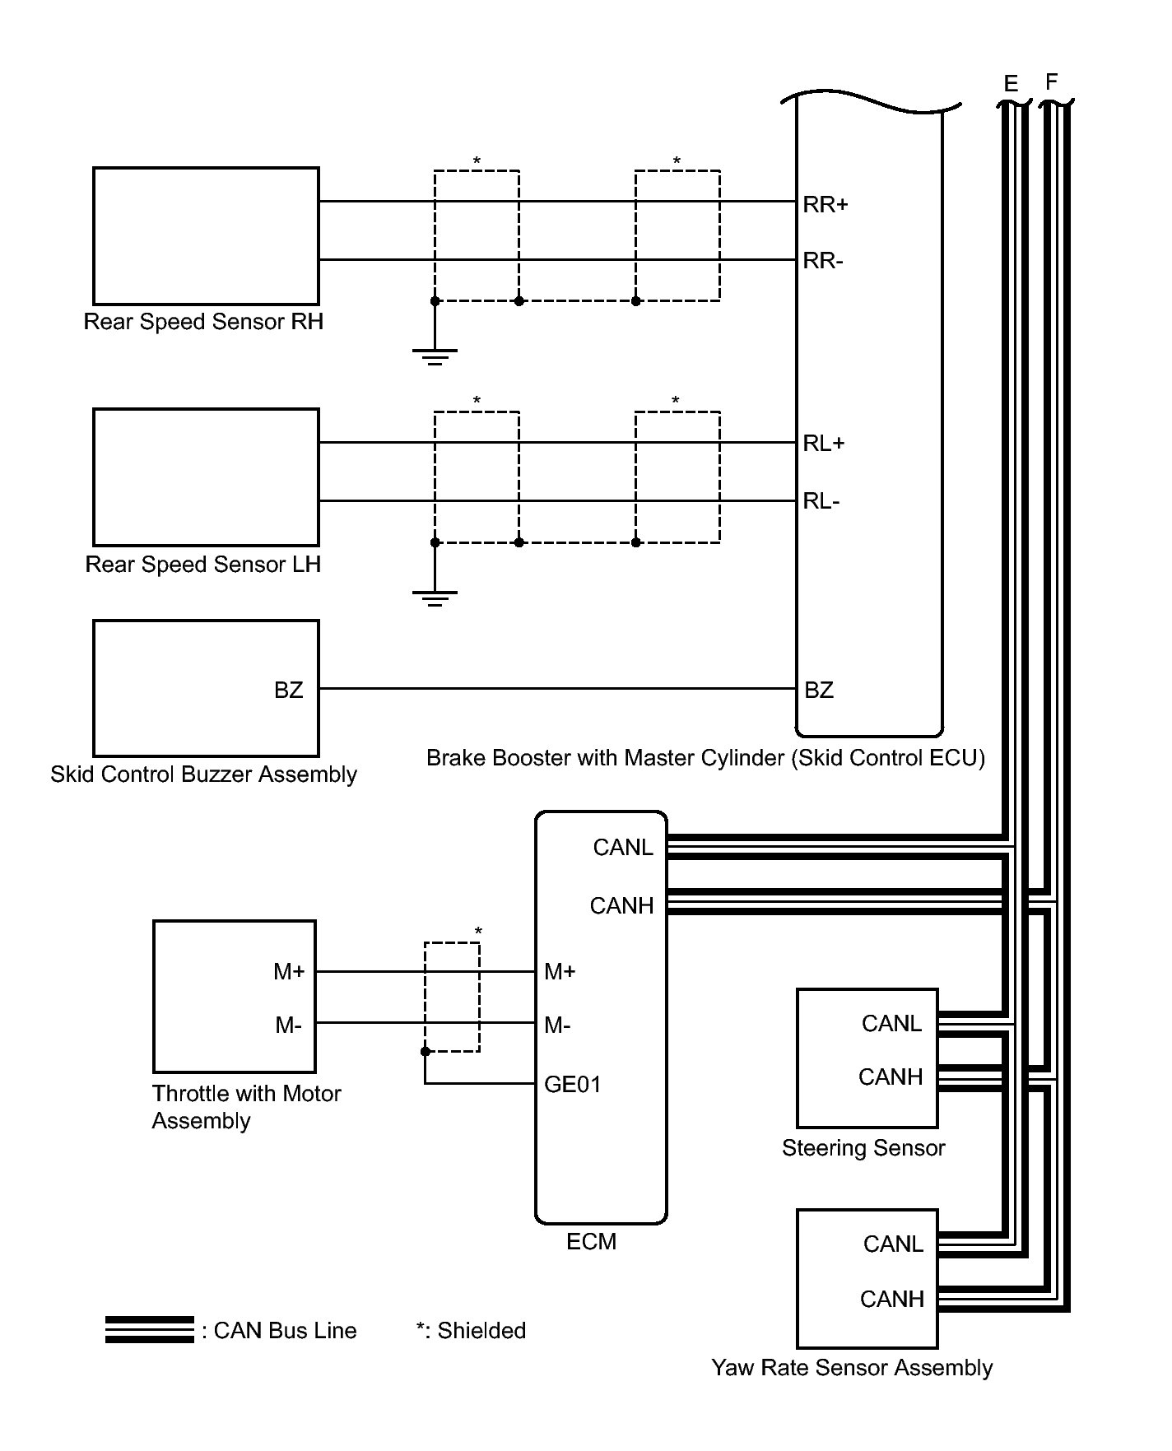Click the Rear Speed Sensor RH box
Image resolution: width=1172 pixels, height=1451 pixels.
206,236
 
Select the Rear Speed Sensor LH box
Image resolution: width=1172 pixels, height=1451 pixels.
206,477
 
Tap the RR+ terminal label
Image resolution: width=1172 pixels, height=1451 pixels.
825,204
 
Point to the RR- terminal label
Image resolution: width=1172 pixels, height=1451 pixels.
823,261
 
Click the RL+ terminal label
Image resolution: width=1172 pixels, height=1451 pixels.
824,444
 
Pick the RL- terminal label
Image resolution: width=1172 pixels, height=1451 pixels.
821,501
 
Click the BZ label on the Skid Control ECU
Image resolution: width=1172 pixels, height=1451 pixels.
819,690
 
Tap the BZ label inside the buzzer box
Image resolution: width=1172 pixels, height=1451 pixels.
289,690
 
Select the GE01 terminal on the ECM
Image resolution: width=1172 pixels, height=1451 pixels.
573,1084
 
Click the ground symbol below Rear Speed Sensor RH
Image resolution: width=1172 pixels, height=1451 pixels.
435,356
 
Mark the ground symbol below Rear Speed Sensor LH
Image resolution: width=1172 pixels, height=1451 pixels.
435,598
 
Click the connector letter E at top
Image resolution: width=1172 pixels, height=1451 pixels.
1012,84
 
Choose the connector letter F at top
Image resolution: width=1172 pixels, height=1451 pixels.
1051,82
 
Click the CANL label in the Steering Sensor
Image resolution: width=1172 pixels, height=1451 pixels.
891,1023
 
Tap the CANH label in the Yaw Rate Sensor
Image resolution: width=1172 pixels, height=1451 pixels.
892,1299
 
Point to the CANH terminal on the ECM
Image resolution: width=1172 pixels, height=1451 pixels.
621,905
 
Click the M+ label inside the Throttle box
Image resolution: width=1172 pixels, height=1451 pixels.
289,972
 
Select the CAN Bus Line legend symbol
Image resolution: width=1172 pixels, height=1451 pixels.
150,1330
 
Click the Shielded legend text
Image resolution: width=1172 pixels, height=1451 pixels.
471,1331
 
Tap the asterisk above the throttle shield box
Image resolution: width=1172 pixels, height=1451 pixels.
478,932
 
